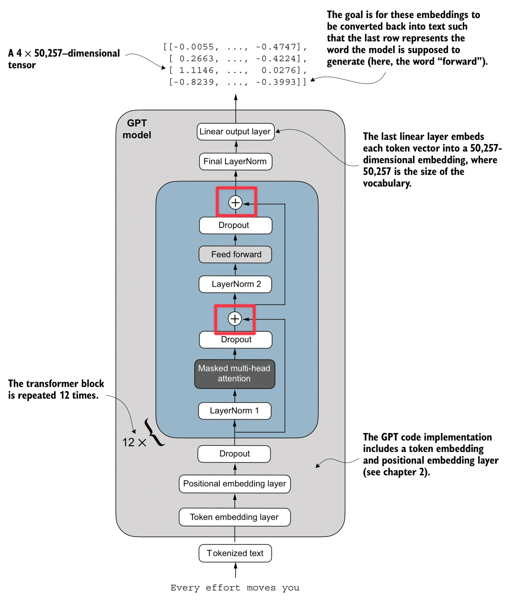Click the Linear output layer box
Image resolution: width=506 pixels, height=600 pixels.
click(235, 132)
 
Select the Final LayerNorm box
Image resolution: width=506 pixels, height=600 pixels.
click(235, 161)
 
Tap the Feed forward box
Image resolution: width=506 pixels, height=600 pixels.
click(235, 254)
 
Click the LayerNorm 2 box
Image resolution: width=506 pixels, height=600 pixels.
click(235, 284)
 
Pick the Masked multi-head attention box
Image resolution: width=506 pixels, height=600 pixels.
click(234, 374)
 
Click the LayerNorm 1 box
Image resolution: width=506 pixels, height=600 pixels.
click(234, 411)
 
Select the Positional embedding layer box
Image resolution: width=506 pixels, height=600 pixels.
click(234, 484)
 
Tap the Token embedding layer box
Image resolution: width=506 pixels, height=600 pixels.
click(234, 517)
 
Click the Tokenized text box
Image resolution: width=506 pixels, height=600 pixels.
click(235, 553)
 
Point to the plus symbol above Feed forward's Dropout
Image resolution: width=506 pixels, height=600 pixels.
click(236, 202)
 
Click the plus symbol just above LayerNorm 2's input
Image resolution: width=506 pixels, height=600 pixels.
click(235, 319)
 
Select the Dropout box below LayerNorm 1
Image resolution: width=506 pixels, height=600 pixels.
click(234, 454)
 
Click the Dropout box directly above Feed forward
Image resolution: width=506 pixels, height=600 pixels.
click(235, 225)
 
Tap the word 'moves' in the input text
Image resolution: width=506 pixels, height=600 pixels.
click(261, 588)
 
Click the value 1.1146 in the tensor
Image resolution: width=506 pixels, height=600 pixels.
click(196, 70)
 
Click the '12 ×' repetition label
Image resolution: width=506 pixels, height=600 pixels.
click(134, 442)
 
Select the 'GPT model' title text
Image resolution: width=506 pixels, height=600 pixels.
click(137, 129)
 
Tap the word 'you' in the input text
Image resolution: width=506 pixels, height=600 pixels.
click(291, 588)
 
